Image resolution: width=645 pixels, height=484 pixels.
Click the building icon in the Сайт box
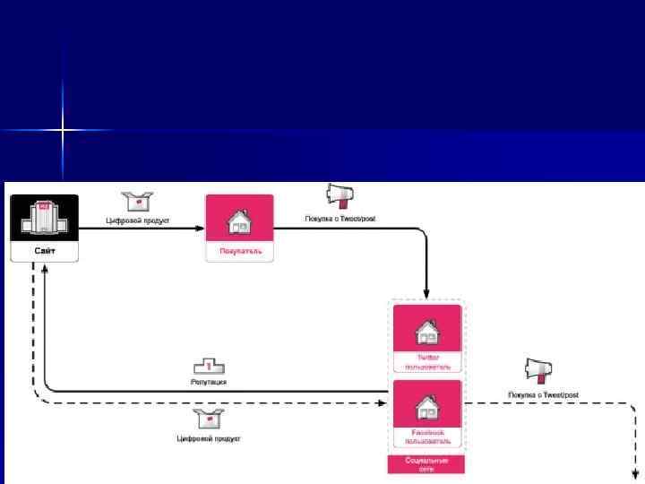(x=44, y=219)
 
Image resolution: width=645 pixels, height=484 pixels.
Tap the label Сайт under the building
(x=45, y=252)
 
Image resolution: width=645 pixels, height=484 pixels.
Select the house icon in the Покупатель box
(x=239, y=220)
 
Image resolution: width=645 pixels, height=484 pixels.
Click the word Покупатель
(x=239, y=252)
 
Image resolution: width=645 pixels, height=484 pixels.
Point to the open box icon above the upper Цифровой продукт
(x=138, y=202)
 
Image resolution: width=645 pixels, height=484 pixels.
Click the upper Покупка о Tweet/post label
(x=341, y=219)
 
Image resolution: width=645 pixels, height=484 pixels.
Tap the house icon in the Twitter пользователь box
(x=427, y=333)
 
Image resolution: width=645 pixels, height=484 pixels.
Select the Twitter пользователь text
(x=427, y=361)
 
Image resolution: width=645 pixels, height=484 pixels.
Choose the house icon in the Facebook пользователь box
(x=427, y=409)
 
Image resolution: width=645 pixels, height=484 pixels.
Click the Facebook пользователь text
(x=427, y=436)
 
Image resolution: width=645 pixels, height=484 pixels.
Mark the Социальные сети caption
(x=426, y=463)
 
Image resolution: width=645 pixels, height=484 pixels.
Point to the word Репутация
(x=209, y=382)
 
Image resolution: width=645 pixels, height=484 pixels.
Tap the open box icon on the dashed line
(x=208, y=419)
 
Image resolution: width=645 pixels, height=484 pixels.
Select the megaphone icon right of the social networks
(x=538, y=369)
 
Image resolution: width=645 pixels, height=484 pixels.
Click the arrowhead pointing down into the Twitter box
(x=427, y=295)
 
